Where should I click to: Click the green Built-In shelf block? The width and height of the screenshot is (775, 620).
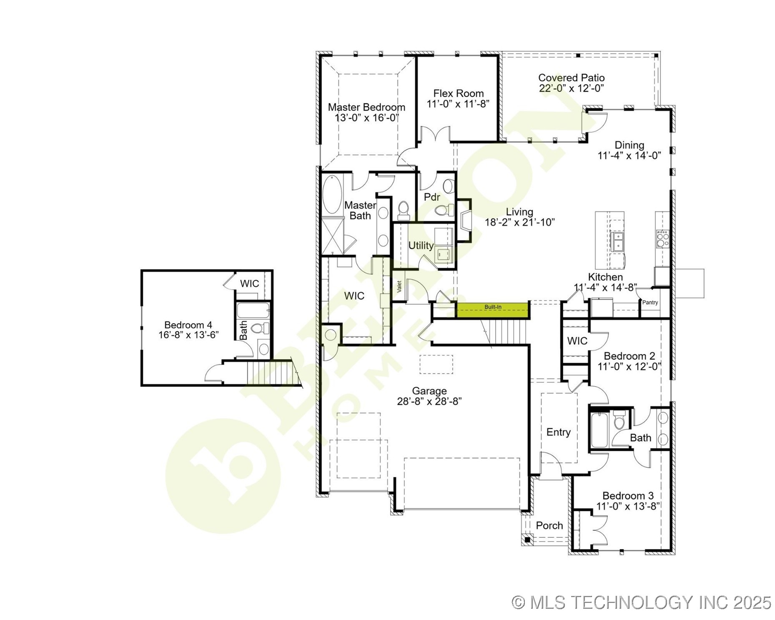point(493,310)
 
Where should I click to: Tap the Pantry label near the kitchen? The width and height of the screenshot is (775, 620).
point(650,303)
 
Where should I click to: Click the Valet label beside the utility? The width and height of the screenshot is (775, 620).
point(399,286)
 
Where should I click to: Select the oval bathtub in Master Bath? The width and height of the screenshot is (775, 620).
point(331,195)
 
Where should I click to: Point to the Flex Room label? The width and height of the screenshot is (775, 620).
point(458,93)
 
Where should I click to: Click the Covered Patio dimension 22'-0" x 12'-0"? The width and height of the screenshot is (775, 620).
point(571,88)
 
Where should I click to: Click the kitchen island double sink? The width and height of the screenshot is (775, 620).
point(617,242)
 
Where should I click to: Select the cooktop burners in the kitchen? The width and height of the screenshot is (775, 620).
point(662,239)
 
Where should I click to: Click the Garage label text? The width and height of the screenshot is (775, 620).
point(429,391)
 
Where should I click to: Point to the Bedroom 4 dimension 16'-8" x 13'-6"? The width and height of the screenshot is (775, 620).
point(188,335)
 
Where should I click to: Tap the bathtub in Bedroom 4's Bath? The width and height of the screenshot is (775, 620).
point(253,310)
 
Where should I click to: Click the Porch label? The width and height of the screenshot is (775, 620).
point(549,525)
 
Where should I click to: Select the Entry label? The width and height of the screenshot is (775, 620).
point(558,432)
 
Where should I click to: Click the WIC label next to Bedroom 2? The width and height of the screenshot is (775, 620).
point(577,341)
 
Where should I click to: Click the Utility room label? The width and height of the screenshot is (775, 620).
point(421,245)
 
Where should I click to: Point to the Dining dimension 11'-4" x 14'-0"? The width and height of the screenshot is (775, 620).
point(629,156)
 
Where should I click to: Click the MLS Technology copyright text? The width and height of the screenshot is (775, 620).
point(641,602)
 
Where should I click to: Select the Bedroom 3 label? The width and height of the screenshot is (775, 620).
point(628,496)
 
